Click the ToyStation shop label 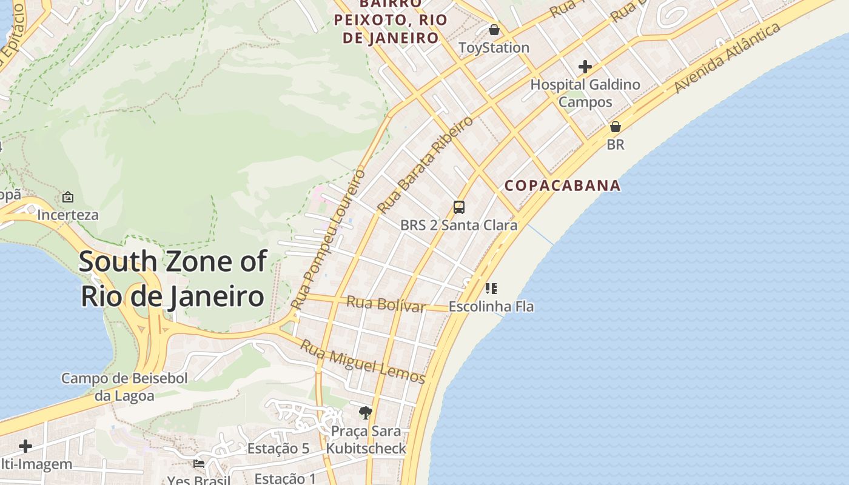(x=494, y=47)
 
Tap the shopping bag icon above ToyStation (x=494, y=29)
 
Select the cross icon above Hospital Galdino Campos (x=585, y=66)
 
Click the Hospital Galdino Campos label (x=585, y=93)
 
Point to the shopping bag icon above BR (x=616, y=127)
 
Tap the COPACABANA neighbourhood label (x=563, y=186)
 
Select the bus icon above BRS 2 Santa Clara (x=459, y=207)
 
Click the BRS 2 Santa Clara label (x=459, y=226)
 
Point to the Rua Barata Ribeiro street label (x=425, y=165)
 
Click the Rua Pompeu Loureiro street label (x=328, y=239)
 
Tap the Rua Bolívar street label (x=386, y=304)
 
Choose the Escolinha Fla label (x=491, y=306)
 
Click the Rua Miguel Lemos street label (x=363, y=362)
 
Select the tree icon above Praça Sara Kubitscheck (x=365, y=413)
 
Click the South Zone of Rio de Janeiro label (x=173, y=279)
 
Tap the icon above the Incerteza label (x=68, y=197)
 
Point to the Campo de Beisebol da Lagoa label (x=124, y=387)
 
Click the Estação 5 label (x=278, y=449)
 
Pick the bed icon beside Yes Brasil (x=198, y=464)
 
